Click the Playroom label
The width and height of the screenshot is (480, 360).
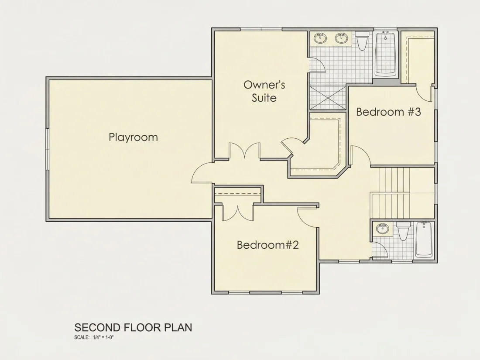pyautogui.click(x=133, y=137)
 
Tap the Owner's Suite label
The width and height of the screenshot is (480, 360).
pyautogui.click(x=264, y=91)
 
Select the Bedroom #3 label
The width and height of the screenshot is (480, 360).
pyautogui.click(x=388, y=112)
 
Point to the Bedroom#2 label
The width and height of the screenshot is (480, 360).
pyautogui.click(x=267, y=245)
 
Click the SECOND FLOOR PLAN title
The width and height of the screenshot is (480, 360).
pyautogui.click(x=133, y=327)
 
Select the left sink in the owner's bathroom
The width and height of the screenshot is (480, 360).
pyautogui.click(x=320, y=38)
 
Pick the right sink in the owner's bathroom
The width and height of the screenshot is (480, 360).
pyautogui.click(x=341, y=38)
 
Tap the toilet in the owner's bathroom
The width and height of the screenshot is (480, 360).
pyautogui.click(x=362, y=41)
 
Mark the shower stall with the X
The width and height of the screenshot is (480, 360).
pyautogui.click(x=328, y=97)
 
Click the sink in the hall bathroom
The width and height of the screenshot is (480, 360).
pyautogui.click(x=382, y=228)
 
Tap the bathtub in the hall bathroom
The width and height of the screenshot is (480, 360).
pyautogui.click(x=424, y=240)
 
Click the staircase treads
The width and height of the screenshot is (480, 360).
pyautogui.click(x=402, y=192)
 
